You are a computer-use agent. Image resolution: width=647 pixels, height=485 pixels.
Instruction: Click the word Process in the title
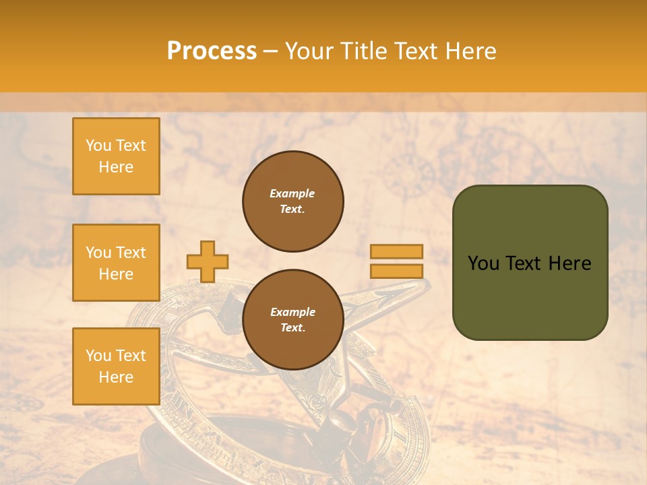click(x=212, y=51)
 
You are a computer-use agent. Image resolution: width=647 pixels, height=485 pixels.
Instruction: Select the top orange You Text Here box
click(x=116, y=156)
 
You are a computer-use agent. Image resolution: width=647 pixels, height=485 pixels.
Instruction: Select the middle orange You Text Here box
click(x=116, y=263)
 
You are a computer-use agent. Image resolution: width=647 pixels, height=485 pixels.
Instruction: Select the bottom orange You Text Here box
click(x=116, y=366)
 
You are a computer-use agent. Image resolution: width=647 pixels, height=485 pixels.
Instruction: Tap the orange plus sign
click(x=208, y=261)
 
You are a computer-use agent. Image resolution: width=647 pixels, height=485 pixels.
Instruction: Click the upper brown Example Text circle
click(x=293, y=201)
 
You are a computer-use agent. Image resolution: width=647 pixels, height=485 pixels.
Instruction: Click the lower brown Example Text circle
click(x=293, y=320)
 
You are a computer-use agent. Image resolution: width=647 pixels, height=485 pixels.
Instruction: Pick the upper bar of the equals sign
click(x=396, y=251)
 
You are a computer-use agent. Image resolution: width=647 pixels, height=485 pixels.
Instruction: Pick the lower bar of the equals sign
click(x=396, y=271)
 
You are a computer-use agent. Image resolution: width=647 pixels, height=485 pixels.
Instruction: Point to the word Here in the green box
click(x=569, y=263)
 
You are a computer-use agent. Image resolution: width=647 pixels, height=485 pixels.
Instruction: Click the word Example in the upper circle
click(x=292, y=193)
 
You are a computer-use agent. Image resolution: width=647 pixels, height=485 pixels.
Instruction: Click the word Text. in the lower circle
click(x=292, y=328)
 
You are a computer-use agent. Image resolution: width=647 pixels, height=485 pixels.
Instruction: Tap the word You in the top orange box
click(x=98, y=145)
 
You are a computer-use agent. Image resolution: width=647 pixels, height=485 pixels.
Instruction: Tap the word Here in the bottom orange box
click(x=116, y=377)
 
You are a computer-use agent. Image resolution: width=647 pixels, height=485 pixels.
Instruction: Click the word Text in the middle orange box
click(x=131, y=253)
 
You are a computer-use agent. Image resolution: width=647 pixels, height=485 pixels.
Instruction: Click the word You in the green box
click(x=483, y=263)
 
